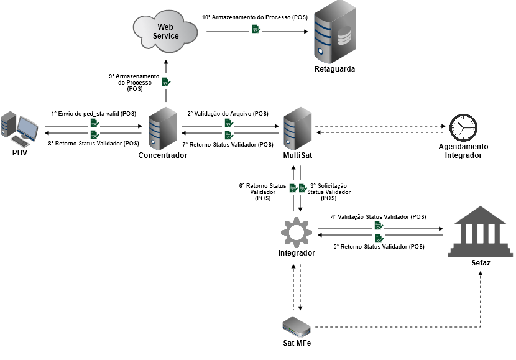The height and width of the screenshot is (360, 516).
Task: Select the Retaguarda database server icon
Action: click(x=334, y=30)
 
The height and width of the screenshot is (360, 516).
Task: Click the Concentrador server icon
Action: click(x=162, y=129)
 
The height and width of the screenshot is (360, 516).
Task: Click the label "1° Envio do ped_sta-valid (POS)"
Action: click(x=93, y=114)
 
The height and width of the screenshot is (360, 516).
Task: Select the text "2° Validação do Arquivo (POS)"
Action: click(x=228, y=114)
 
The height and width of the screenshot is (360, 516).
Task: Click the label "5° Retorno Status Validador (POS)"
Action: click(x=379, y=247)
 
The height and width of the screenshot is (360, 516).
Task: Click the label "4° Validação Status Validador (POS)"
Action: click(x=378, y=217)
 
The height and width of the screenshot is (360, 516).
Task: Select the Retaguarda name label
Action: click(x=334, y=69)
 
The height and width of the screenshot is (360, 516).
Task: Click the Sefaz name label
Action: click(x=481, y=263)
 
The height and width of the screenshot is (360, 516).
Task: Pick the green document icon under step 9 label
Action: click(x=166, y=81)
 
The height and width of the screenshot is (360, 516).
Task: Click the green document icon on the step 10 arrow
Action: click(x=256, y=29)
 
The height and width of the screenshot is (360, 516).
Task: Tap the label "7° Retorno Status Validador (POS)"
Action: click(x=228, y=144)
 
